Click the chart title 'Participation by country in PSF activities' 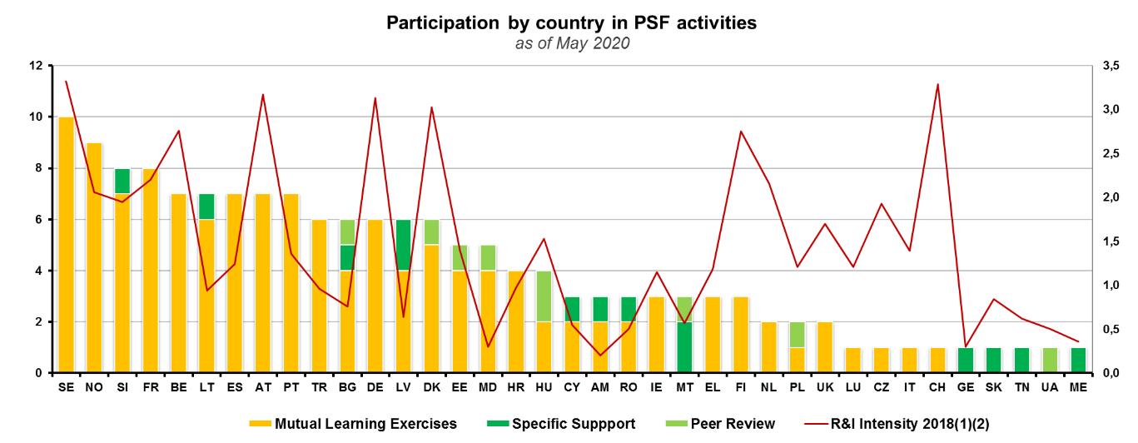571,22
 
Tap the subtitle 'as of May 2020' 571,43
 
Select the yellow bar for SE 67,245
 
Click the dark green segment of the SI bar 122,181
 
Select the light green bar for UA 1051,360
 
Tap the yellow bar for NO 94,258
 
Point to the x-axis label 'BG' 348,387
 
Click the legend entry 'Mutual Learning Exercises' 353,424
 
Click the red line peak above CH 939,84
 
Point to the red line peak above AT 263,94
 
